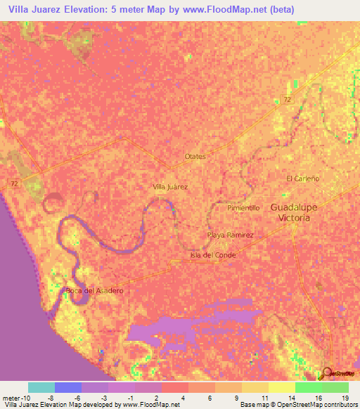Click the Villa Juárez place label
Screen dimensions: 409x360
click(170, 188)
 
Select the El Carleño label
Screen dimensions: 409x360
click(302, 178)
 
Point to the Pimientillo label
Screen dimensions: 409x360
click(244, 209)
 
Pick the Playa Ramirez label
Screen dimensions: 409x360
click(230, 235)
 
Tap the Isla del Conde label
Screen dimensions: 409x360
click(212, 255)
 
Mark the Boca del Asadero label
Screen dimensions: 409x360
click(94, 290)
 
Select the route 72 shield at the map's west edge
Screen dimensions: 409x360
click(15, 183)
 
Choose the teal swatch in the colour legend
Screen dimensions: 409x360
click(41, 387)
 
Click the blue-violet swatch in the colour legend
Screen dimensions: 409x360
click(68, 387)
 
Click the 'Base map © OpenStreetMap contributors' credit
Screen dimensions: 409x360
click(298, 404)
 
